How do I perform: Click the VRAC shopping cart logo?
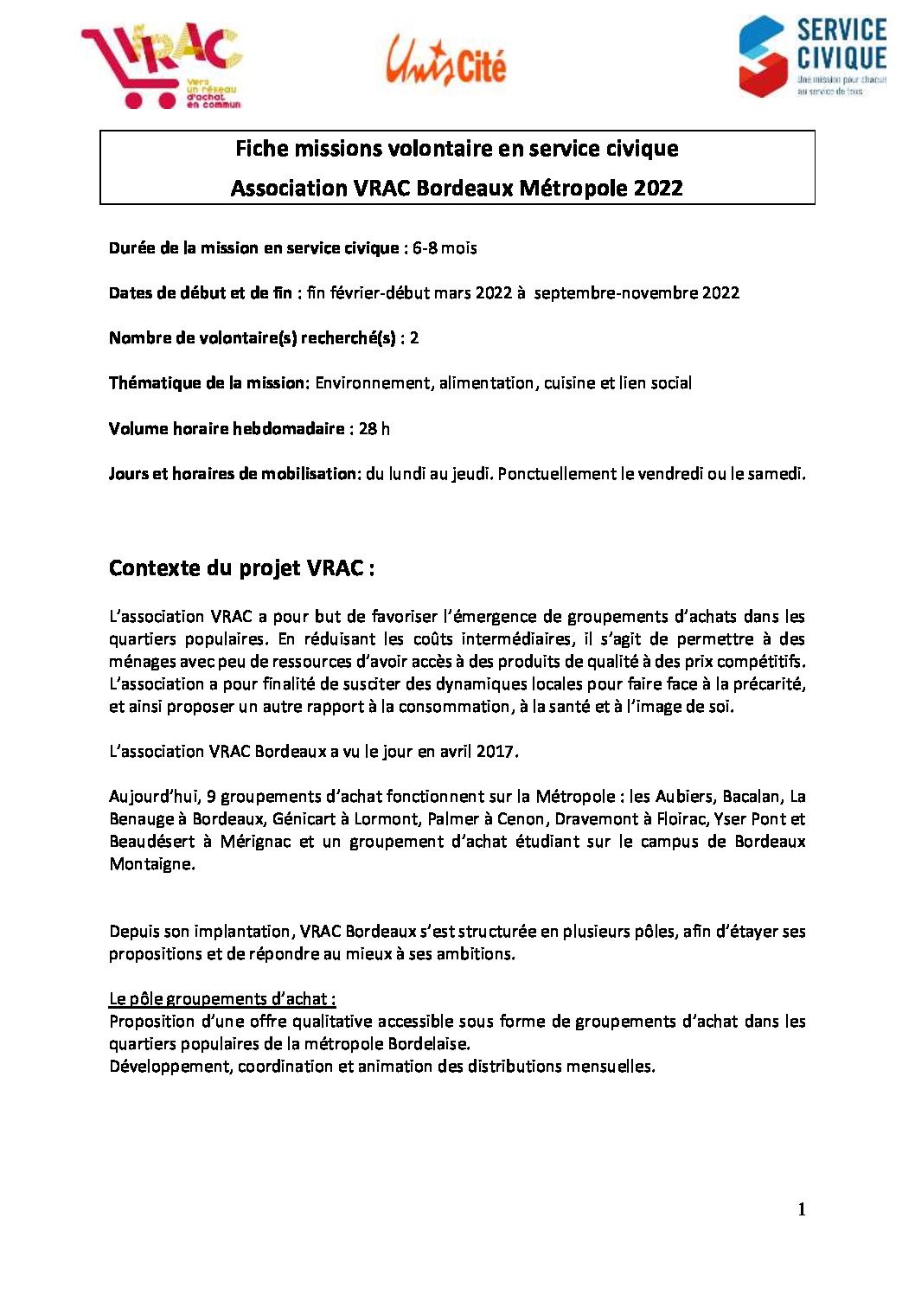[161, 66]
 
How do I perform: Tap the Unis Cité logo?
[446, 61]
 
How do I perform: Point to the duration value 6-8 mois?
[445, 248]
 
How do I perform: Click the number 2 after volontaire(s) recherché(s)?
[414, 338]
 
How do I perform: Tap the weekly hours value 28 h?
[374, 429]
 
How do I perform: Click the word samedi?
[777, 474]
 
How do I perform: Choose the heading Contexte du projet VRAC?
[241, 568]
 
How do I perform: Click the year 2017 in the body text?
[495, 752]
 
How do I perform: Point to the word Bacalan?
[751, 797]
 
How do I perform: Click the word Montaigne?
[150, 864]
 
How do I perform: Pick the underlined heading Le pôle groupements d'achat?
[222, 999]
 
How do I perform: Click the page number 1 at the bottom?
[802, 1209]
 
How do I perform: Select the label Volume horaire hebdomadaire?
[227, 429]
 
